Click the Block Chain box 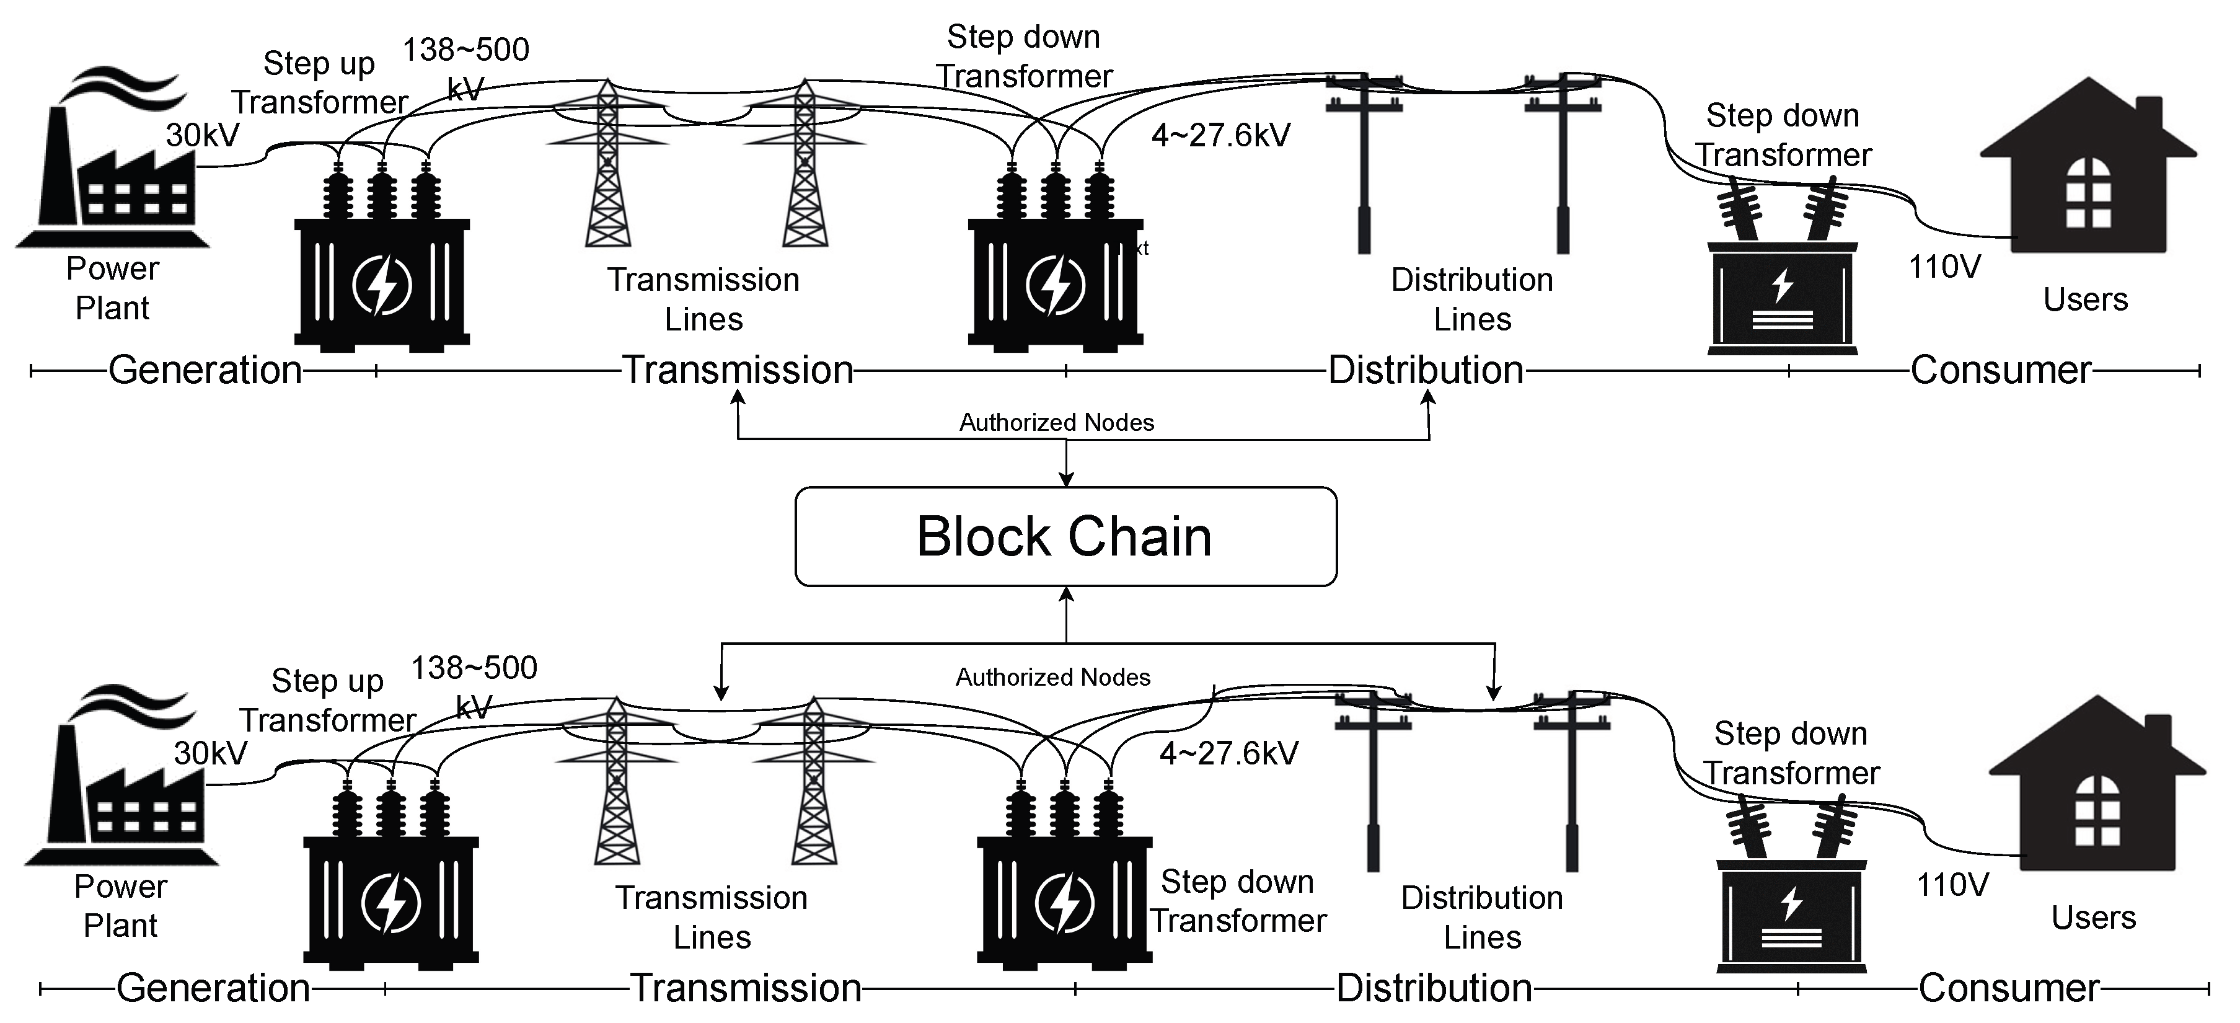[1065, 536]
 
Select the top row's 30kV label [203, 135]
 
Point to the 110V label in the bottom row [1952, 885]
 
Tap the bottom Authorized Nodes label [1052, 677]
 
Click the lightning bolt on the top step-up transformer [381, 285]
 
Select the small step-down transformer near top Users [1783, 278]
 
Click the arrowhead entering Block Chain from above [1066, 479]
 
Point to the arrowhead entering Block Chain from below [1066, 594]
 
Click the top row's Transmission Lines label [703, 299]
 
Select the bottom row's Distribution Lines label [1482, 917]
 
